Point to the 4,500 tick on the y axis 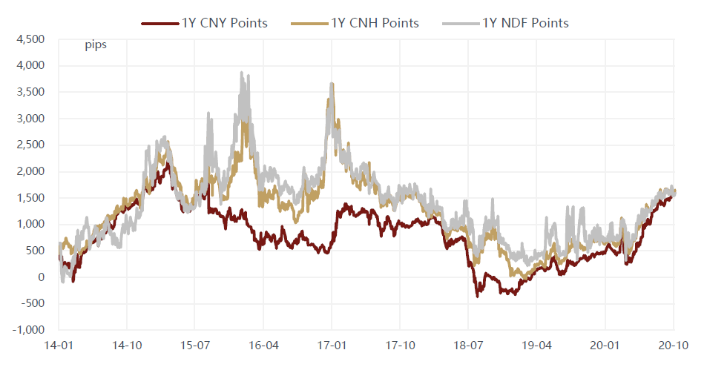click(x=30, y=39)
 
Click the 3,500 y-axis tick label click(x=30, y=92)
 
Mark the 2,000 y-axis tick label click(x=30, y=171)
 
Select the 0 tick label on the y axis click(x=42, y=277)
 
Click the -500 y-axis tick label click(x=33, y=303)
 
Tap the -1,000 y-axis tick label click(x=29, y=330)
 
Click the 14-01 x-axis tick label click(x=58, y=345)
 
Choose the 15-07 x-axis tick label click(x=194, y=345)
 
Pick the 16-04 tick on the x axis click(x=263, y=345)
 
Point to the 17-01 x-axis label click(x=332, y=345)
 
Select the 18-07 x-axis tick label click(x=468, y=345)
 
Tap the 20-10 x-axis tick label click(x=673, y=345)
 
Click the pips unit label click(x=95, y=46)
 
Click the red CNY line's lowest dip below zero click(x=478, y=296)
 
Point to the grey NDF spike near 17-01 click(x=332, y=85)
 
